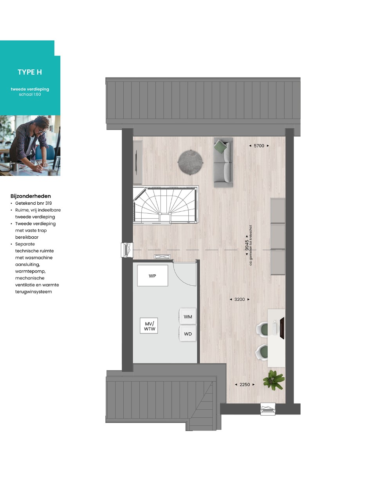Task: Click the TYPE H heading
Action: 30,72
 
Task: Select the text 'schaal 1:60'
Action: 30,94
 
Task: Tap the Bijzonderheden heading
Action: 31,196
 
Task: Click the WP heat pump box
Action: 152,276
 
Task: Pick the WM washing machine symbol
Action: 187,317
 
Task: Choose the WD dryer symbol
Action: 187,334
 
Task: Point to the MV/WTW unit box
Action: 149,326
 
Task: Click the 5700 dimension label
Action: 259,146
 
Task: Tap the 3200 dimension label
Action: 240,299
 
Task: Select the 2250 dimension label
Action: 245,384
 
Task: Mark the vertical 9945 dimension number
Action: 247,245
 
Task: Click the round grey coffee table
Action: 191,162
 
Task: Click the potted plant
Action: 274,380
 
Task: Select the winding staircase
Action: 166,204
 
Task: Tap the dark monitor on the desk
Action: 282,328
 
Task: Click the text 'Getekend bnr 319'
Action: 34,203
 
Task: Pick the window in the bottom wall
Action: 268,409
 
